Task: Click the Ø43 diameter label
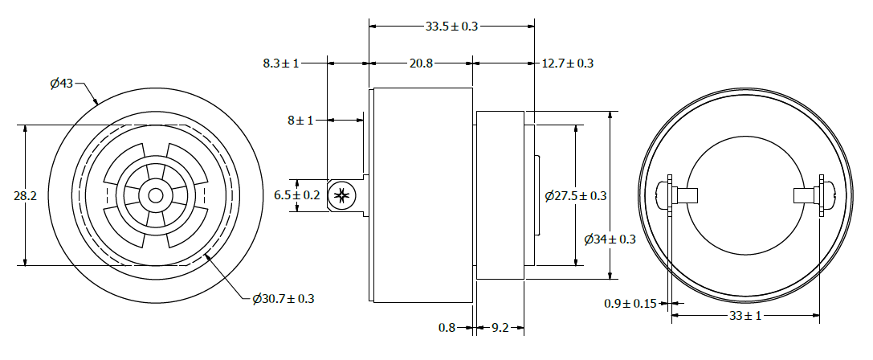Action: click(x=61, y=84)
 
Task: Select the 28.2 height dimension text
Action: click(x=25, y=195)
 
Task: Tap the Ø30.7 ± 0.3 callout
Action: click(x=283, y=299)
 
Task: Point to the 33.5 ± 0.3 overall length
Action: click(x=451, y=26)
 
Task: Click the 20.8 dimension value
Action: click(x=421, y=63)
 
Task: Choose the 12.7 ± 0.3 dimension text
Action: click(x=567, y=63)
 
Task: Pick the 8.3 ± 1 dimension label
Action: click(x=281, y=63)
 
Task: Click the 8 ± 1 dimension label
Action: click(x=300, y=120)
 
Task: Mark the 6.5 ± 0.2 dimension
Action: click(x=296, y=195)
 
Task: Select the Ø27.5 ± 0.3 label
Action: click(x=576, y=195)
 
